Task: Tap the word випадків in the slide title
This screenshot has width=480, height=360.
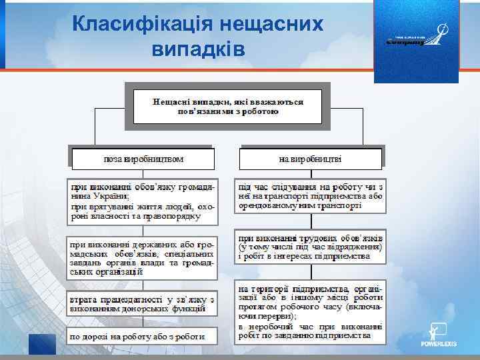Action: [199, 49]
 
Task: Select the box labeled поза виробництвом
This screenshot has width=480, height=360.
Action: [143, 159]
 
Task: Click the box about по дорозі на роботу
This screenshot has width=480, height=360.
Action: [143, 337]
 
